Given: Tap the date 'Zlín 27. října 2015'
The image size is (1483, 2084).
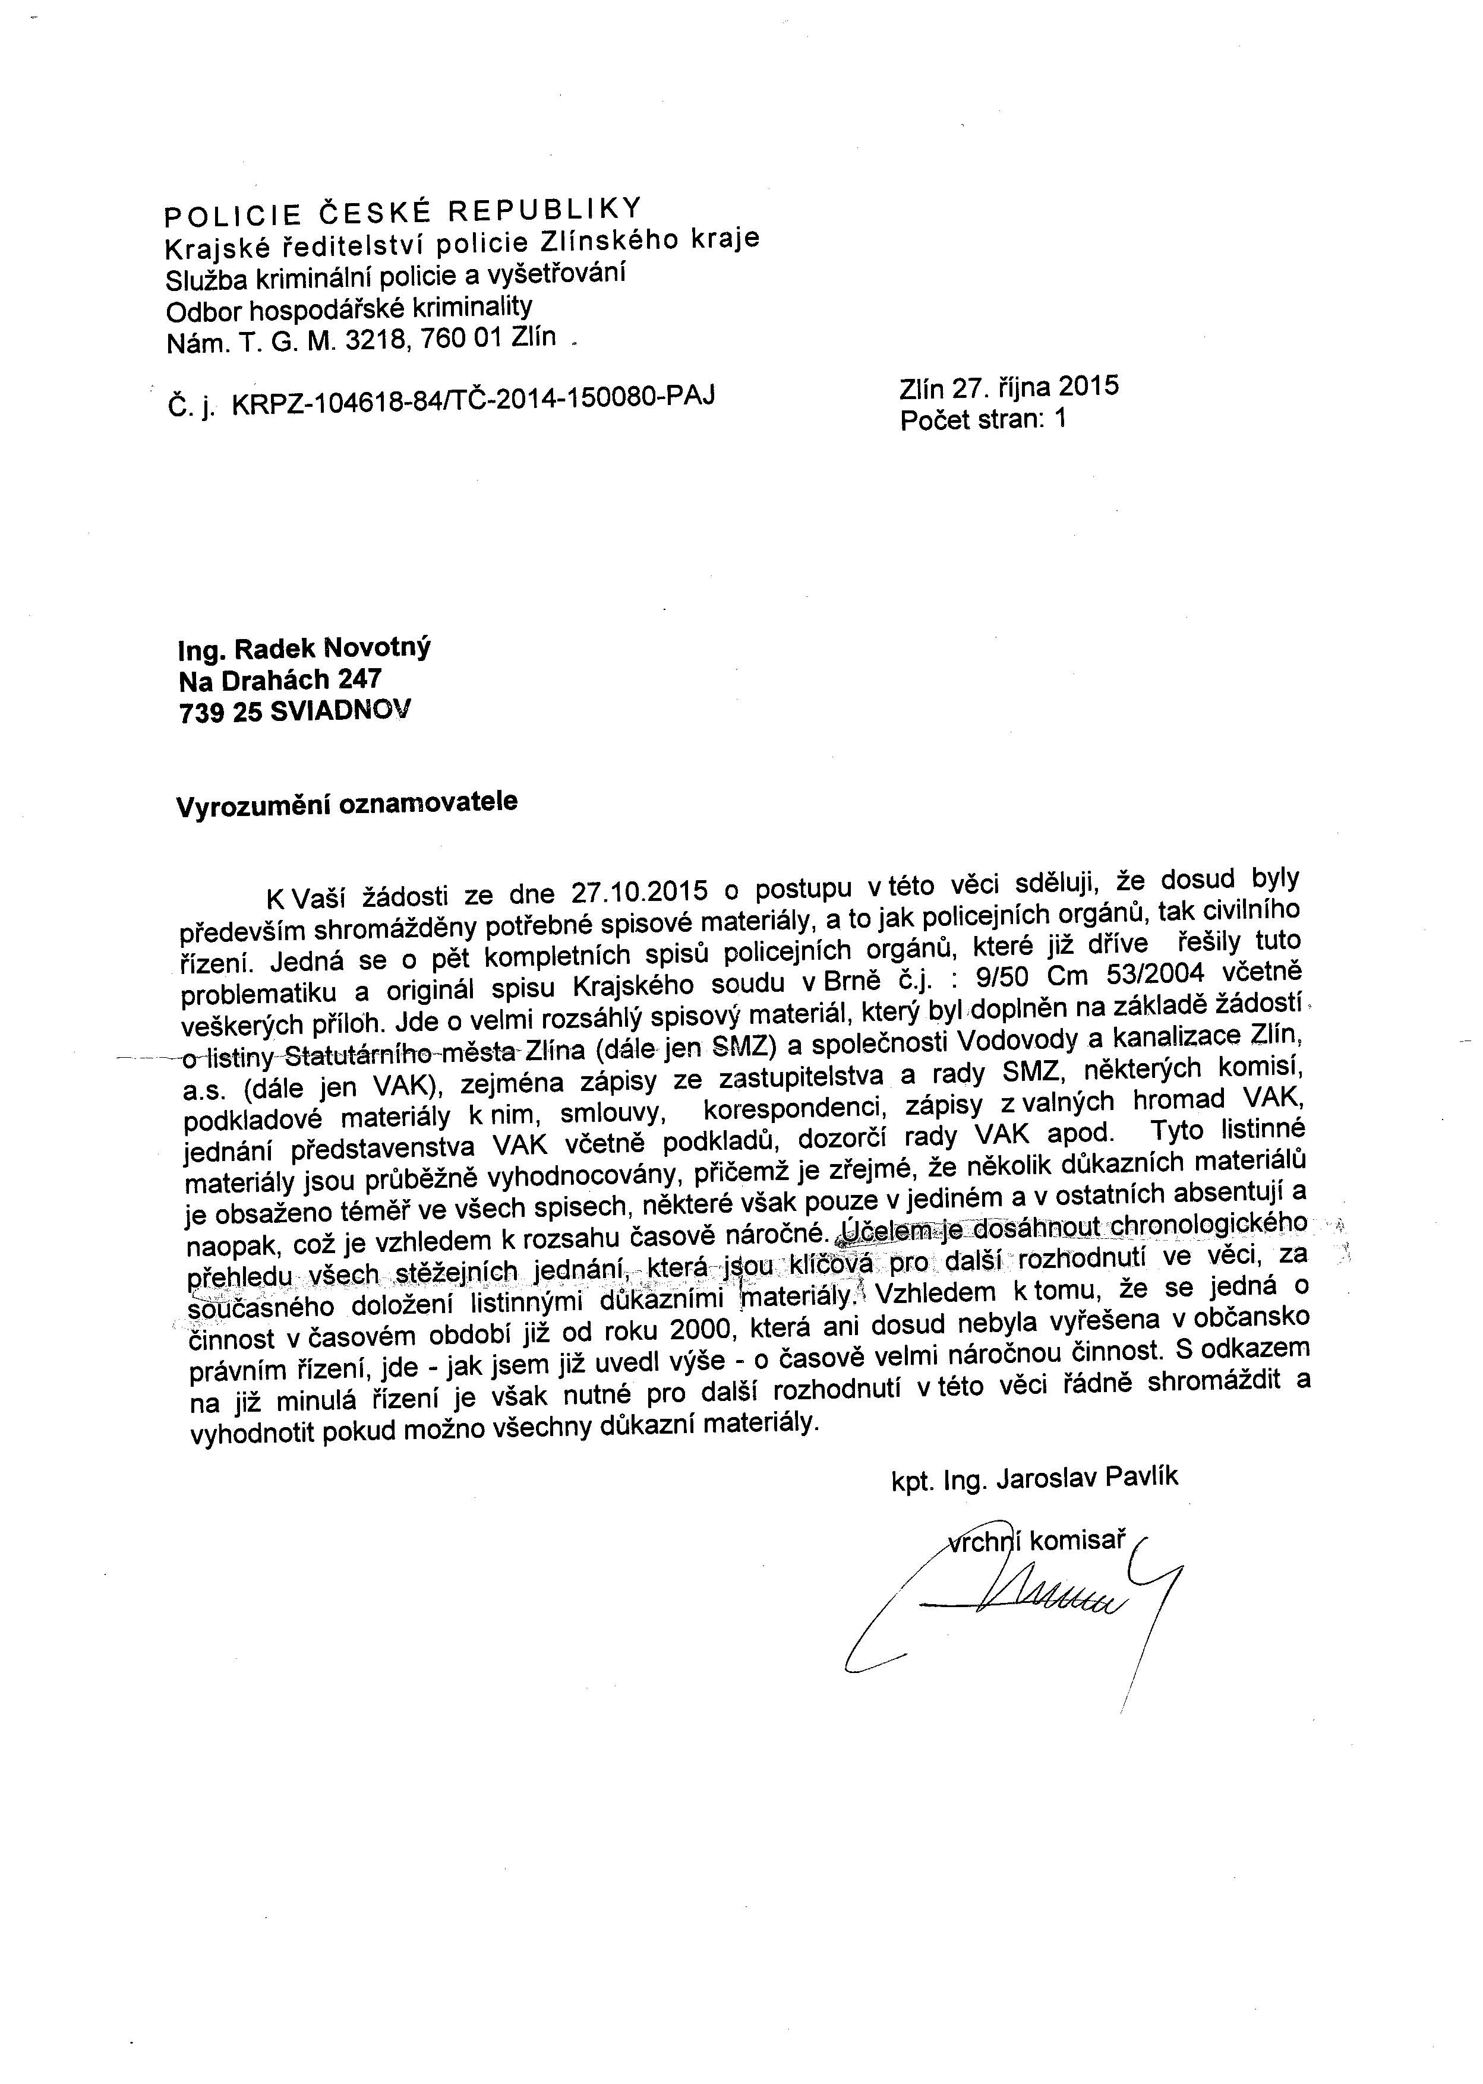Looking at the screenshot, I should pyautogui.click(x=1008, y=387).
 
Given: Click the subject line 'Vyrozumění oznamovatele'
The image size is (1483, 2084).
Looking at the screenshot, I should pyautogui.click(x=347, y=804).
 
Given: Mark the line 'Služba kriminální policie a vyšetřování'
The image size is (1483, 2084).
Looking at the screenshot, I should pyautogui.click(x=395, y=276).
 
